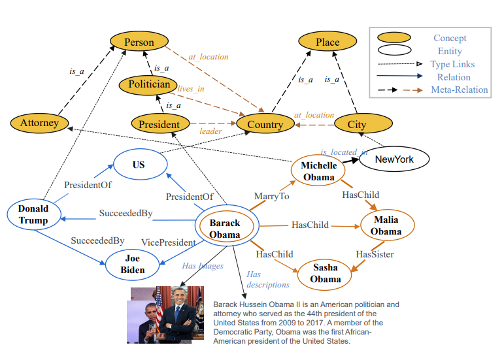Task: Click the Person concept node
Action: (x=139, y=42)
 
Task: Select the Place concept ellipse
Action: (x=328, y=42)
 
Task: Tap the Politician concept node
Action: (x=149, y=84)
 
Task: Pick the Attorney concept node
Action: (x=39, y=122)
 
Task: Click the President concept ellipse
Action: (x=160, y=124)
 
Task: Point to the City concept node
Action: (x=357, y=124)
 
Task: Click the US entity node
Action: (x=139, y=165)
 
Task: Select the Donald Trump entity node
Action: (x=33, y=214)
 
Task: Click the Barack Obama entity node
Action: (x=225, y=228)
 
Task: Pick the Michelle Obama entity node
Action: (x=319, y=171)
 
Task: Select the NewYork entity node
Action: (x=394, y=159)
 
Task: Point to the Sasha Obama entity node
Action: (x=326, y=274)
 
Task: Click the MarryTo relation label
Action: (x=271, y=195)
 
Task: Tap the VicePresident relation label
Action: (x=169, y=242)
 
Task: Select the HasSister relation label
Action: (x=375, y=254)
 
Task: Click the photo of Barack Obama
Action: (x=165, y=315)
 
